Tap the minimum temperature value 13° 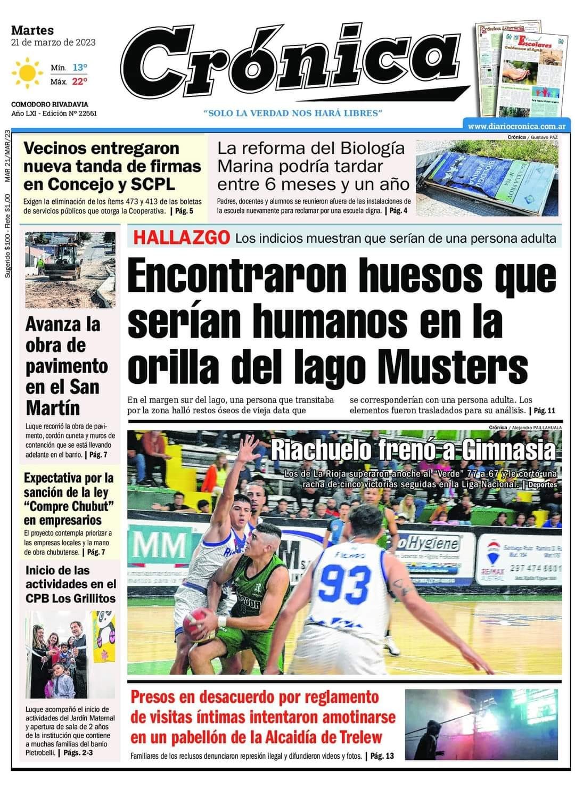pos(79,68)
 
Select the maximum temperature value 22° pos(79,81)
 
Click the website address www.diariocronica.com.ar pos(516,126)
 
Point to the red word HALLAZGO pos(182,237)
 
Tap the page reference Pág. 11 pos(544,411)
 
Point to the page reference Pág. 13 pos(382,756)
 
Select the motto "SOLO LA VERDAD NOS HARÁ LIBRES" pos(293,113)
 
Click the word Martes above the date pos(32,30)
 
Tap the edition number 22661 pos(85,113)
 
